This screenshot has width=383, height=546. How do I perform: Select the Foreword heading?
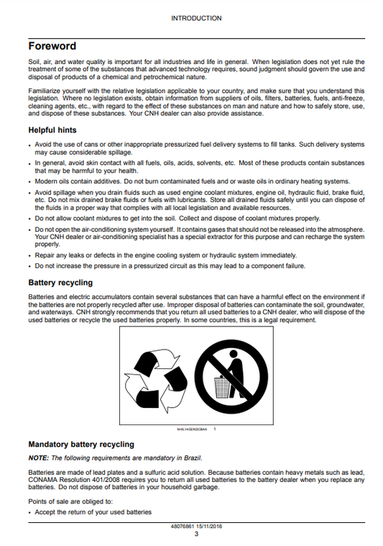click(x=52, y=46)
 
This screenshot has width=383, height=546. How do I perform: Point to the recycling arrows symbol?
click(x=159, y=373)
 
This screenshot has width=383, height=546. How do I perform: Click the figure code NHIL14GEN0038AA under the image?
click(x=191, y=429)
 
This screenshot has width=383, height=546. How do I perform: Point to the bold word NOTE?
click(x=37, y=458)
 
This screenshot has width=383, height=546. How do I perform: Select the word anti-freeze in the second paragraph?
click(x=348, y=99)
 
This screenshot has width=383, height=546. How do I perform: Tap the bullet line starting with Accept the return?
click(x=93, y=512)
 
